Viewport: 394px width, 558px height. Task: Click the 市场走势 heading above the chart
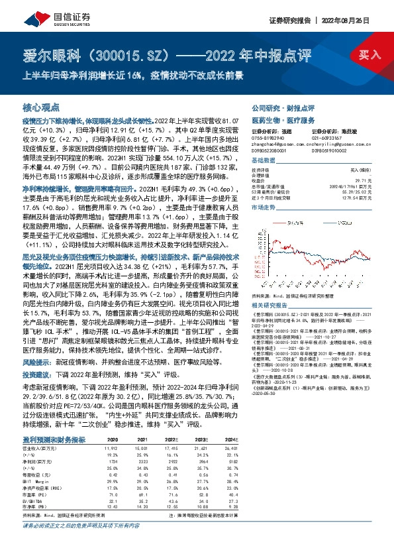click(x=263, y=207)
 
